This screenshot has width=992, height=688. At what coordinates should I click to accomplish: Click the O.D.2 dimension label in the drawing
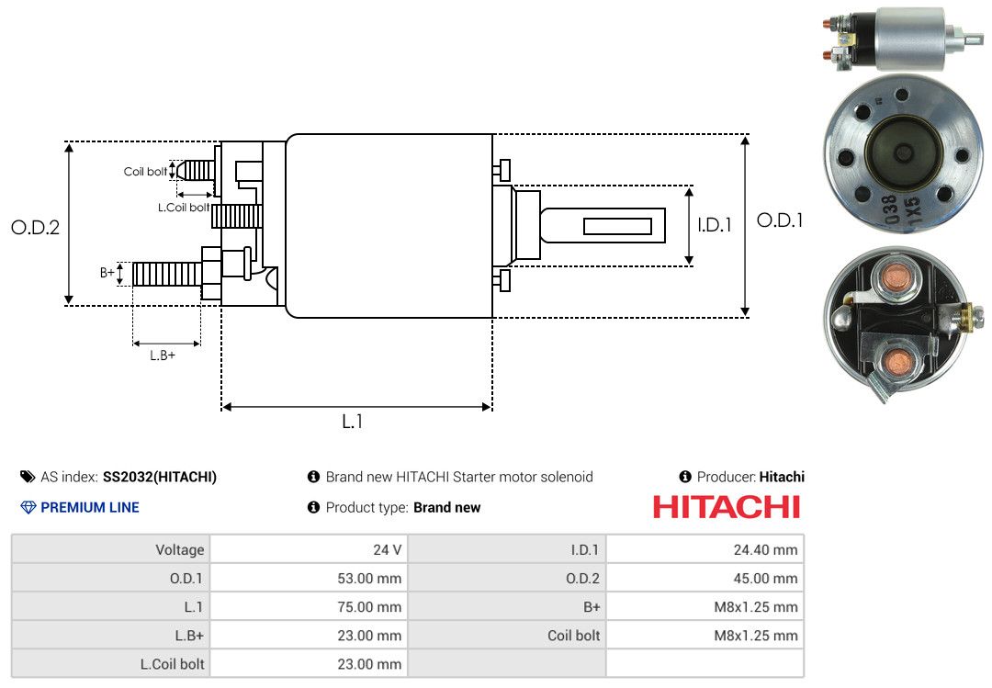[x=36, y=227]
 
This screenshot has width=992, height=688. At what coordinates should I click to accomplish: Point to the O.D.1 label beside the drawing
[x=780, y=220]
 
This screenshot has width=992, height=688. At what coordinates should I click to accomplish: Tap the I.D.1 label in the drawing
[x=715, y=225]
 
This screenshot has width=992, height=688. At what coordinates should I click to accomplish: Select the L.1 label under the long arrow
[x=353, y=422]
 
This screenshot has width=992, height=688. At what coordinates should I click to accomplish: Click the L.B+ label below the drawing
[x=163, y=355]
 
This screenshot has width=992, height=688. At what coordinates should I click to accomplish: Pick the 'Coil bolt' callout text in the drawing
[x=145, y=172]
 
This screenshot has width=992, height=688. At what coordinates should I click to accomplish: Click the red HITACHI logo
[x=727, y=507]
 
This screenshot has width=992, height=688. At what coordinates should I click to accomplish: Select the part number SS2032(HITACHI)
[x=160, y=477]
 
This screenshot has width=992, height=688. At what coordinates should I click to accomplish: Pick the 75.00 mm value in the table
[x=369, y=607]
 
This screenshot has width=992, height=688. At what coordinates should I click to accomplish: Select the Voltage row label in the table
[x=180, y=549]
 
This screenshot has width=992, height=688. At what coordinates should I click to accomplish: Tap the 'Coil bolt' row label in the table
[x=573, y=636]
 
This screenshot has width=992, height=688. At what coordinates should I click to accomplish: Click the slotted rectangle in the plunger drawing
[x=617, y=226]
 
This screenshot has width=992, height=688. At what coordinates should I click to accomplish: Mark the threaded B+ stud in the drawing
[x=167, y=274]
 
